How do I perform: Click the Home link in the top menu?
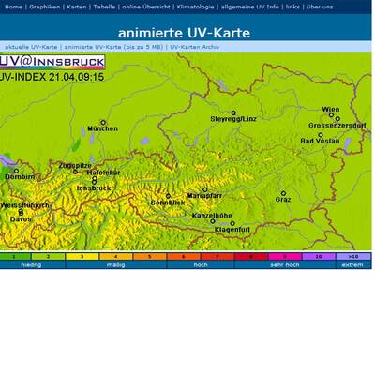pos(13,7)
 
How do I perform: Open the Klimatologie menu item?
pos(193,7)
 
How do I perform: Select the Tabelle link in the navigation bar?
pos(105,7)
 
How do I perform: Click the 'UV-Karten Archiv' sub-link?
pos(195,46)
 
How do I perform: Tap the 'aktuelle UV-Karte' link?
pos(31,46)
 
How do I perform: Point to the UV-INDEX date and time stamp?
pos(52,77)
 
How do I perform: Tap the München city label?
pos(102,128)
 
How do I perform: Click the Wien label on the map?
pos(331,110)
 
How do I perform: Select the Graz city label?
pos(283,199)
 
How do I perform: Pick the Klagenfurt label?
pos(232,229)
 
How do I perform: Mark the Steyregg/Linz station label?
pos(232,119)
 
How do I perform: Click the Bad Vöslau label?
pos(320,141)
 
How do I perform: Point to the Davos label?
pos(21,218)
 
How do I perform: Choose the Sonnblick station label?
pos(168,202)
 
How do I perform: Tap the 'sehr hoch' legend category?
pos(285,264)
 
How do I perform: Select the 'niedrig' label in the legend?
pos(32,264)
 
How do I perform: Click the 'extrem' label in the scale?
pos(352,264)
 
